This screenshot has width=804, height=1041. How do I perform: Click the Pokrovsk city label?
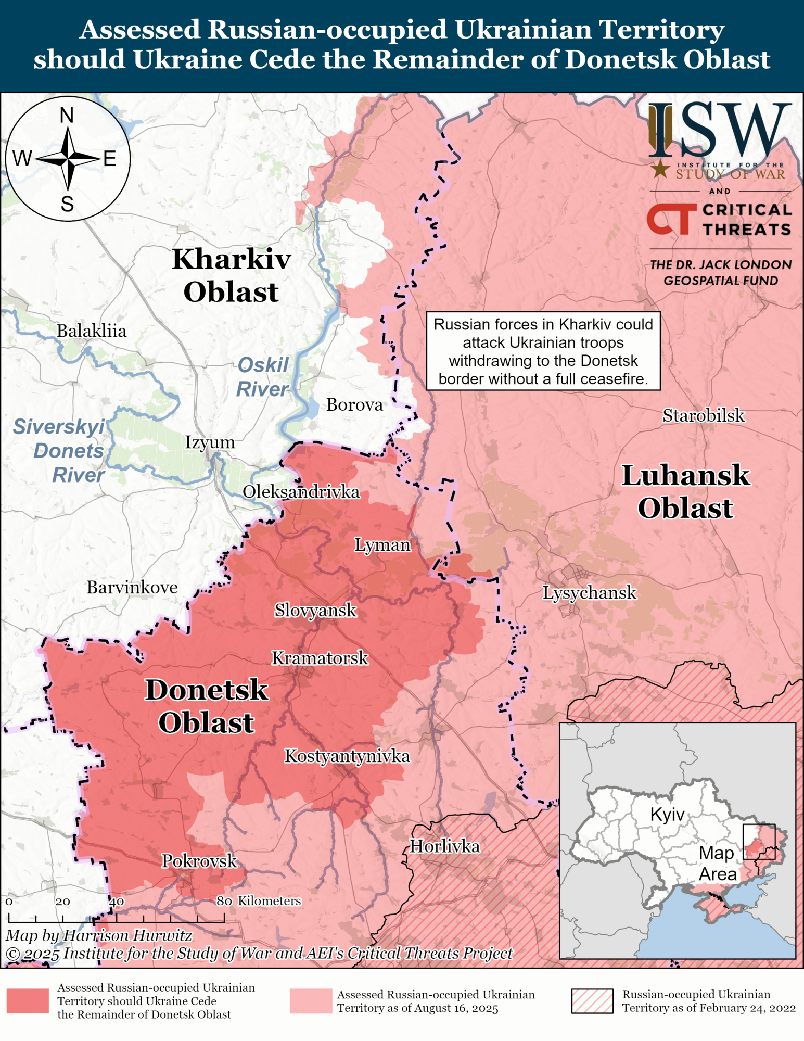[199, 861]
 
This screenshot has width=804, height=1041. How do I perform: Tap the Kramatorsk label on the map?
[320, 658]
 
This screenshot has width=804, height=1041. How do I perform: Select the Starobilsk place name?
[703, 415]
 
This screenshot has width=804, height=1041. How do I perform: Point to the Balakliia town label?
[92, 331]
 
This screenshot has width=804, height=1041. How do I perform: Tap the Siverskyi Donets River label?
[60, 451]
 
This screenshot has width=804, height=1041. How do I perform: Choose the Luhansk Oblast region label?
[685, 491]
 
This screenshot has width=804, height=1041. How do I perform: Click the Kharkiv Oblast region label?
[231, 275]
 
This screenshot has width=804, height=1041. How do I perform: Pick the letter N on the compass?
[67, 116]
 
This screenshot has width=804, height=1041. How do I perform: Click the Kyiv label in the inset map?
[667, 814]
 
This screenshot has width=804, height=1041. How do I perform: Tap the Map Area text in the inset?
[717, 863]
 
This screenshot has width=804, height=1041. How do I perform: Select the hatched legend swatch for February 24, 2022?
[592, 1001]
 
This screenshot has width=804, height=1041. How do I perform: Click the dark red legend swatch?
[28, 1001]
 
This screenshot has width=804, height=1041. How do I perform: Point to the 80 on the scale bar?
[224, 901]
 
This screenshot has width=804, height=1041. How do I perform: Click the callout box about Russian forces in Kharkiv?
[543, 351]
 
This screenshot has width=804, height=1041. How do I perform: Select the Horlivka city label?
[444, 846]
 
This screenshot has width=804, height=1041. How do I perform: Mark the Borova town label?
[354, 404]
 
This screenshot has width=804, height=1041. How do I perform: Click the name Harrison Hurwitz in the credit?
[127, 935]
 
